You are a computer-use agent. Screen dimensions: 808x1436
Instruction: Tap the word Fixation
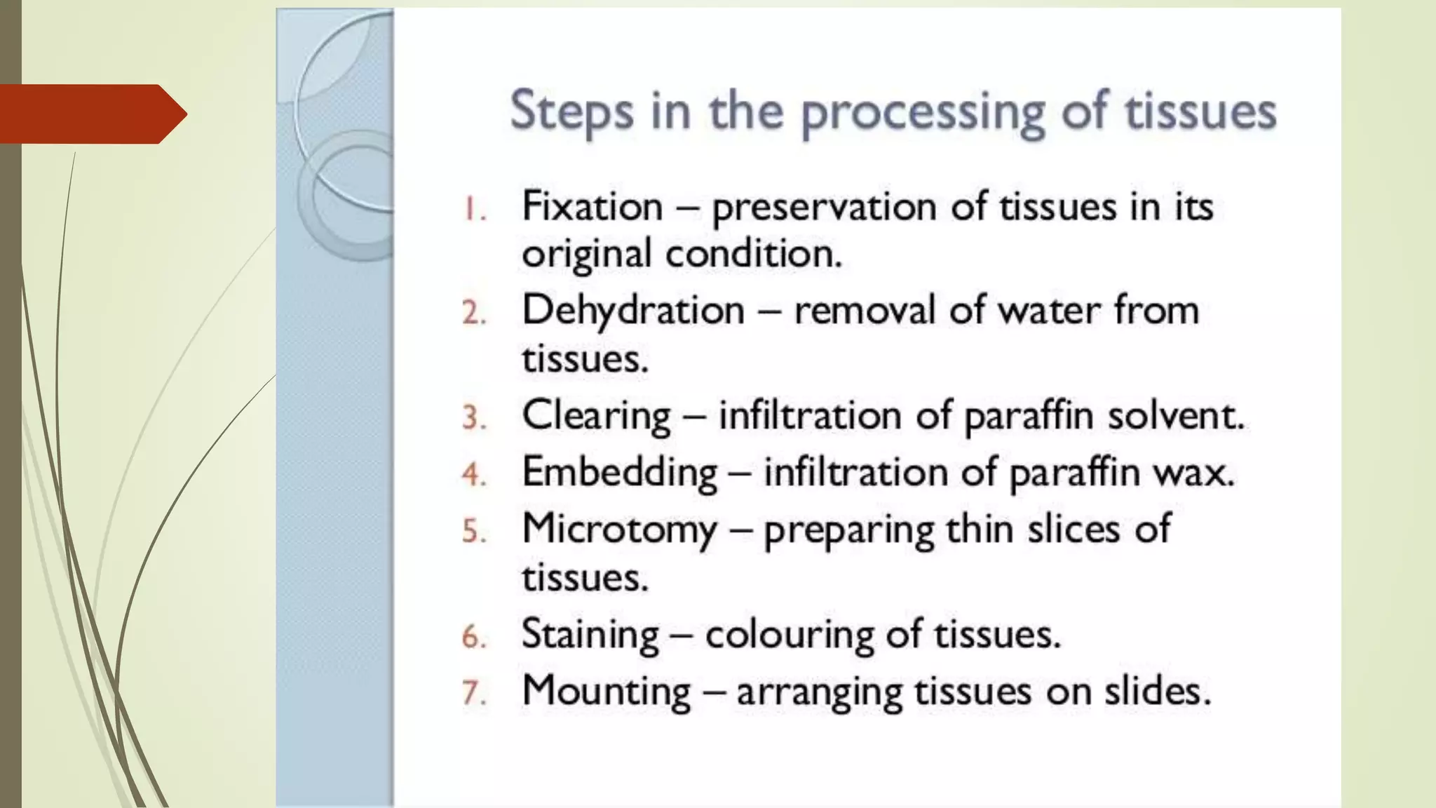(x=592, y=207)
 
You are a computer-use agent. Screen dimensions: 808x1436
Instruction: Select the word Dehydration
(x=633, y=311)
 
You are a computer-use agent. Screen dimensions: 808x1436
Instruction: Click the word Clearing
(x=597, y=416)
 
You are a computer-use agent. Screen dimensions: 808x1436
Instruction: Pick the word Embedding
(x=620, y=473)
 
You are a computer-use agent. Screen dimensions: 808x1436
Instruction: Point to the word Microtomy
(x=620, y=530)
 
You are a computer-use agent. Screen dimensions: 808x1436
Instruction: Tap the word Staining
(x=590, y=635)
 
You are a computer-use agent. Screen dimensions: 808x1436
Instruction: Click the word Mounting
(x=607, y=692)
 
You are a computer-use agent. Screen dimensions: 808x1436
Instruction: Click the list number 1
(x=474, y=209)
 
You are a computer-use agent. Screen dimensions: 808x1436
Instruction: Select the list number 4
(x=474, y=475)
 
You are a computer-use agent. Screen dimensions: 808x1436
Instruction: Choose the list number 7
(x=474, y=694)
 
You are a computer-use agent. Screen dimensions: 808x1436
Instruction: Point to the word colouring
(x=789, y=635)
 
